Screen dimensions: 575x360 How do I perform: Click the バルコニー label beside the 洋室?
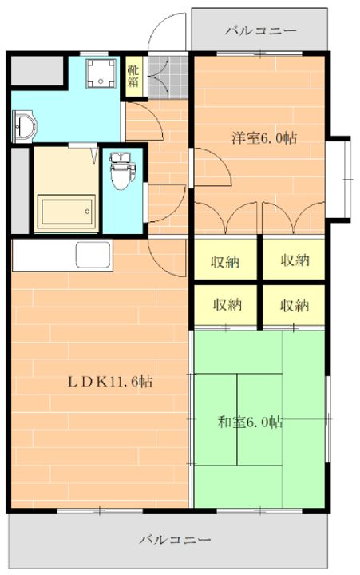(x=260, y=32)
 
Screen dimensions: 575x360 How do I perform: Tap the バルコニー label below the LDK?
(x=175, y=540)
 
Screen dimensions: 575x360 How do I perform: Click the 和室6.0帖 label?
(x=250, y=422)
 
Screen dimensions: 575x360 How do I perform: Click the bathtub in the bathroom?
(x=67, y=212)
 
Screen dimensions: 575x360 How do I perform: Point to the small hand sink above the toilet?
(x=121, y=157)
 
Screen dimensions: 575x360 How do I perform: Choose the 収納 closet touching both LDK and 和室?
(x=227, y=304)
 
